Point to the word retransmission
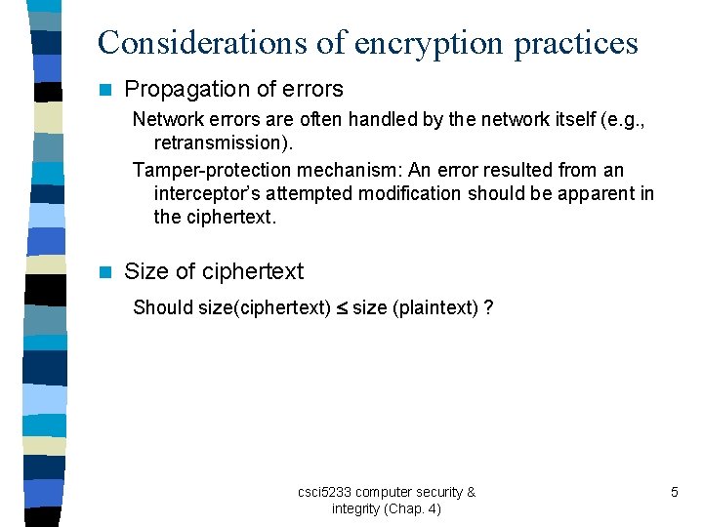point(223,143)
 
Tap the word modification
point(409,193)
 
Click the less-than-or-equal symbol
point(342,308)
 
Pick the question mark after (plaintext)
point(487,308)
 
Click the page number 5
point(674,492)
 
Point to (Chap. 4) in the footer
point(413,509)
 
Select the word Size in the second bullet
point(146,272)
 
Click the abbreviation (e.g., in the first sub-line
point(624,120)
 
